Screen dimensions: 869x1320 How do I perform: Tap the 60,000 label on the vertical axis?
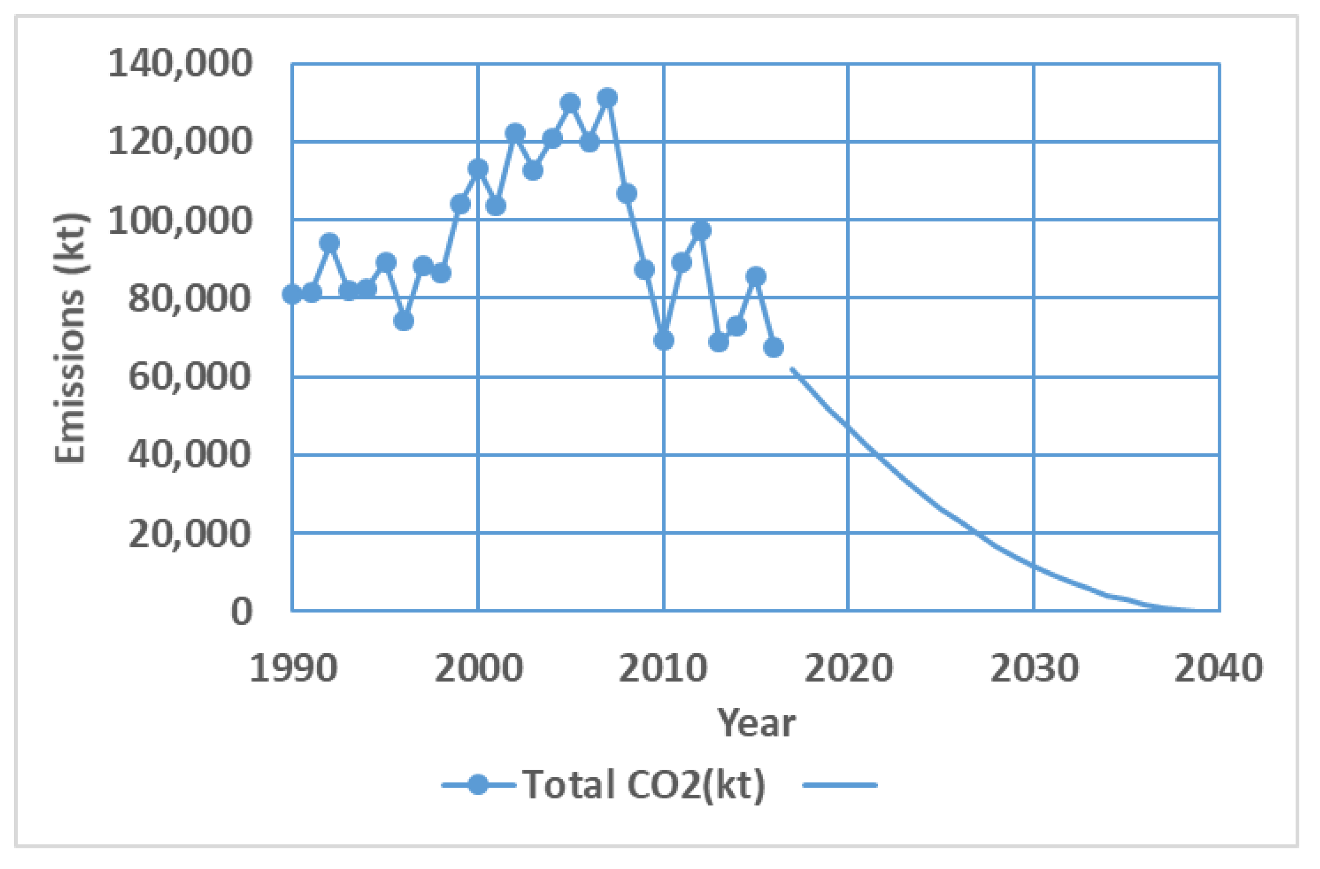tap(190, 377)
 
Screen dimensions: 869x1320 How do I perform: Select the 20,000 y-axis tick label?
tap(190, 533)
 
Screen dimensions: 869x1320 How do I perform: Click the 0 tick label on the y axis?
tap(241, 612)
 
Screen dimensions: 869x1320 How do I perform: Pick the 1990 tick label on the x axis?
tap(293, 668)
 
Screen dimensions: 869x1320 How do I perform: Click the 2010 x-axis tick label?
tap(663, 668)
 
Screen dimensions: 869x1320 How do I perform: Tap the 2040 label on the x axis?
tap(1219, 668)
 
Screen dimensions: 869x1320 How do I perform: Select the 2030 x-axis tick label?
tap(1034, 668)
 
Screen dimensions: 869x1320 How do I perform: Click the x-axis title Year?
tap(756, 724)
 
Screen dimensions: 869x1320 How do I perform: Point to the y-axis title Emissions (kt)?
tap(71, 338)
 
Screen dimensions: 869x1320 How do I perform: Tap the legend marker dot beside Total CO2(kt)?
tap(478, 785)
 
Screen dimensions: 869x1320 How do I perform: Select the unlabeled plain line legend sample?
tap(840, 785)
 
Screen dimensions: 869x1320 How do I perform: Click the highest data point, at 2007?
tap(607, 98)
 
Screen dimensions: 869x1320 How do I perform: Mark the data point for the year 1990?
tap(292, 294)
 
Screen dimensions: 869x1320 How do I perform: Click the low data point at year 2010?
tap(664, 341)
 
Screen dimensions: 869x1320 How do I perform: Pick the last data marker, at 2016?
tap(774, 348)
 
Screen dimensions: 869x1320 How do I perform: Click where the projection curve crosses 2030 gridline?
tap(1034, 567)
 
